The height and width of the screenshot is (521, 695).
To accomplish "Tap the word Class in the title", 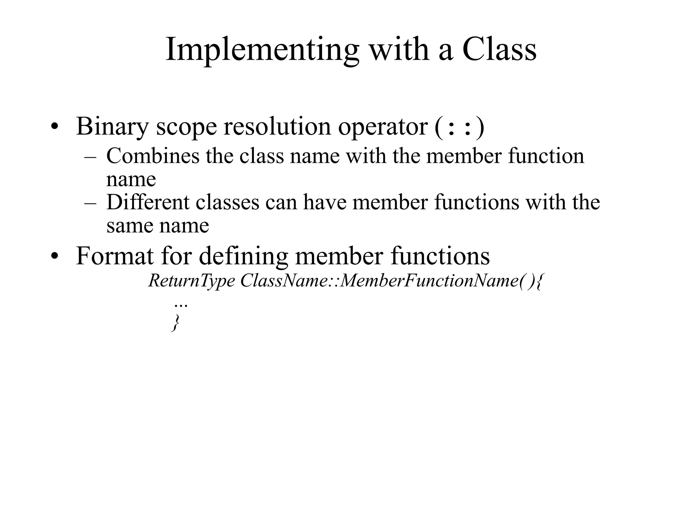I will coord(499,50).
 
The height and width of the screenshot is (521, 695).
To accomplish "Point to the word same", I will coord(130,226).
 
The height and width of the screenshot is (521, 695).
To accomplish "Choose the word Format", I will coord(115,256).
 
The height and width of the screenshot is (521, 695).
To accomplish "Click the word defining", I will coord(243,256).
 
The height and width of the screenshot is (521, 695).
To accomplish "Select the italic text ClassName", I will coord(283,281).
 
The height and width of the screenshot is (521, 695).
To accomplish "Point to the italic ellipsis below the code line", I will coord(181,306).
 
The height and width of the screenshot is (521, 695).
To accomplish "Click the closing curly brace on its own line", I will coord(175,323).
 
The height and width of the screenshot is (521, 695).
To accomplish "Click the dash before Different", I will coord(90,203).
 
